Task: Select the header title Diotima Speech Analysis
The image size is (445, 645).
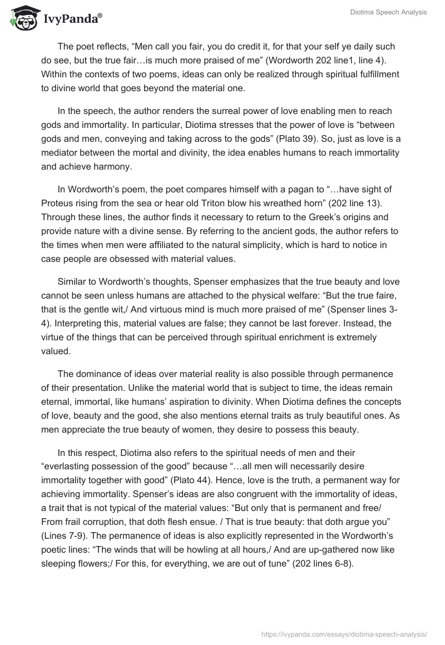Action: [389, 12]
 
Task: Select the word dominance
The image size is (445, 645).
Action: [92, 374]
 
